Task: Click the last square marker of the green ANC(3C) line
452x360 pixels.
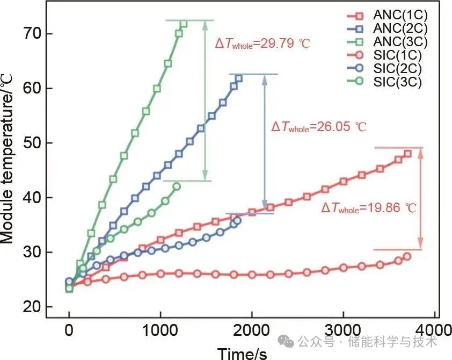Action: pyautogui.click(x=184, y=24)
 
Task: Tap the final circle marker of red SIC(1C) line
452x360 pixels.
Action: pyautogui.click(x=406, y=256)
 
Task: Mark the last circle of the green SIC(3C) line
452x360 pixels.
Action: pyautogui.click(x=177, y=186)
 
